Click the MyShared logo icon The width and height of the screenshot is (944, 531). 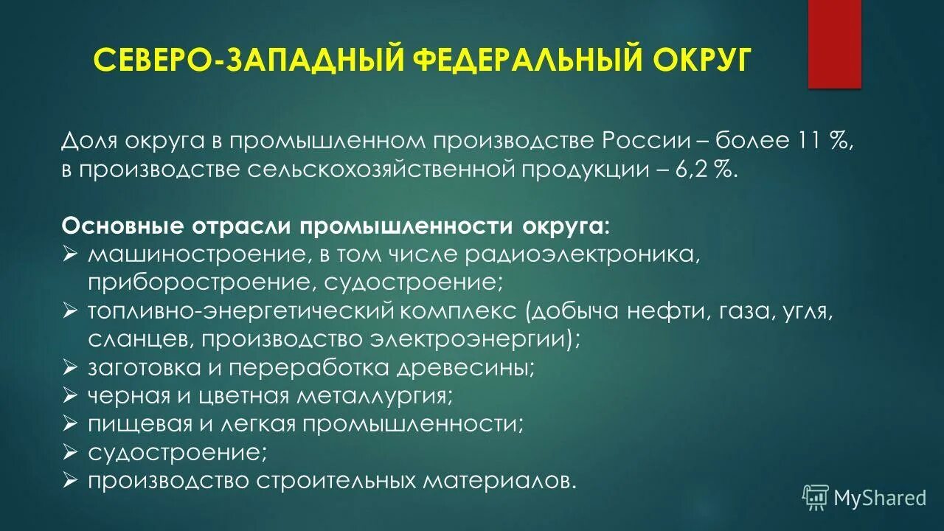tap(816, 497)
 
